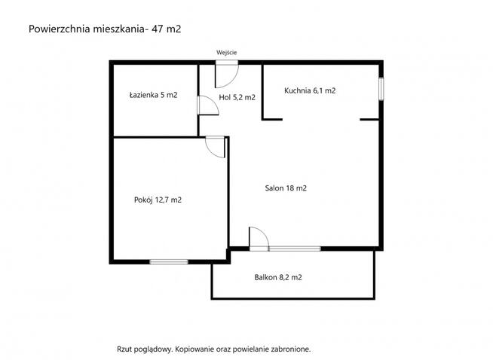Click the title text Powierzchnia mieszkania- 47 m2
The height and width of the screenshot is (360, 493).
pyautogui.click(x=105, y=29)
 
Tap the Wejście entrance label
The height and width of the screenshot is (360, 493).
pyautogui.click(x=226, y=51)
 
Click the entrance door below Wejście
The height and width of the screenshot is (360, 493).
pyautogui.click(x=226, y=72)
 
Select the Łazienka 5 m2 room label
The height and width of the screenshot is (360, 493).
pyautogui.click(x=153, y=96)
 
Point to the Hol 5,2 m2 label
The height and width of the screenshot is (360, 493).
pyautogui.click(x=237, y=97)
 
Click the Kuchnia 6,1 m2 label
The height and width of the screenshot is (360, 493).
pyautogui.click(x=310, y=90)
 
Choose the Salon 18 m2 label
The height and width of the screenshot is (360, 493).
pyautogui.click(x=286, y=188)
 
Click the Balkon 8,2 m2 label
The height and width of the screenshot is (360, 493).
pyautogui.click(x=278, y=277)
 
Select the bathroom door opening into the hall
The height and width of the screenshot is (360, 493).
pyautogui.click(x=206, y=106)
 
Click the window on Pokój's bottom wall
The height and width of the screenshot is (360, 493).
pyautogui.click(x=168, y=261)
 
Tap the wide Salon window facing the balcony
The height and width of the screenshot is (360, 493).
pyautogui.click(x=294, y=248)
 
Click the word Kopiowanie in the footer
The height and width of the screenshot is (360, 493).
pyautogui.click(x=198, y=349)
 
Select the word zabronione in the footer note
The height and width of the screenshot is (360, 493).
pyautogui.click(x=289, y=349)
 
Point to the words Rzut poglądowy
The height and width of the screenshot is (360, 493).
pyautogui.click(x=145, y=349)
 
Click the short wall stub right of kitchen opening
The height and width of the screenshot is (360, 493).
pyautogui.click(x=369, y=119)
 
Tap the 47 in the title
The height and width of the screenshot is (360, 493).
pyautogui.click(x=160, y=29)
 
